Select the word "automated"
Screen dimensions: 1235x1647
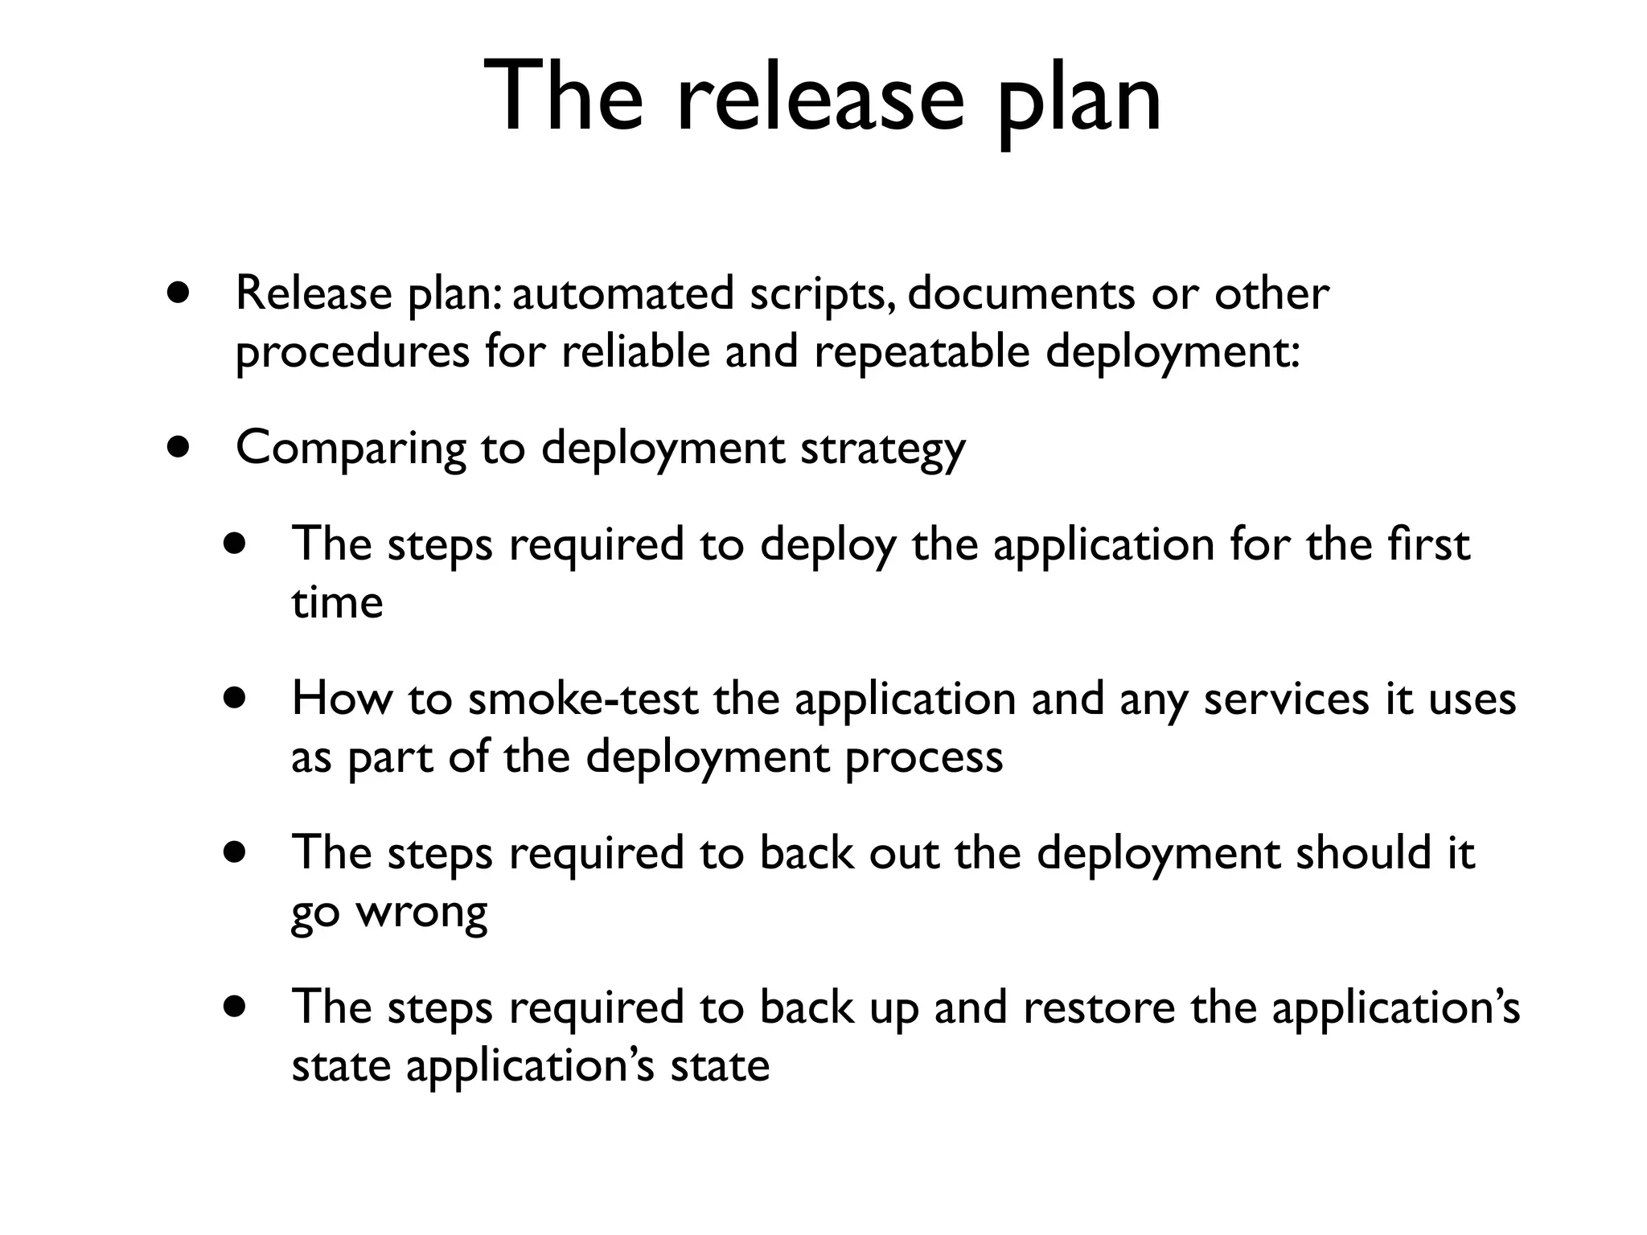(622, 293)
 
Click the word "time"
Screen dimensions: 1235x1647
(337, 603)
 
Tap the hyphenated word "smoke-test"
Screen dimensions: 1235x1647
(583, 699)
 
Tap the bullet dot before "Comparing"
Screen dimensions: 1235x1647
(179, 447)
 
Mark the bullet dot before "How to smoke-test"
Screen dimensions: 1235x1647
(236, 698)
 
